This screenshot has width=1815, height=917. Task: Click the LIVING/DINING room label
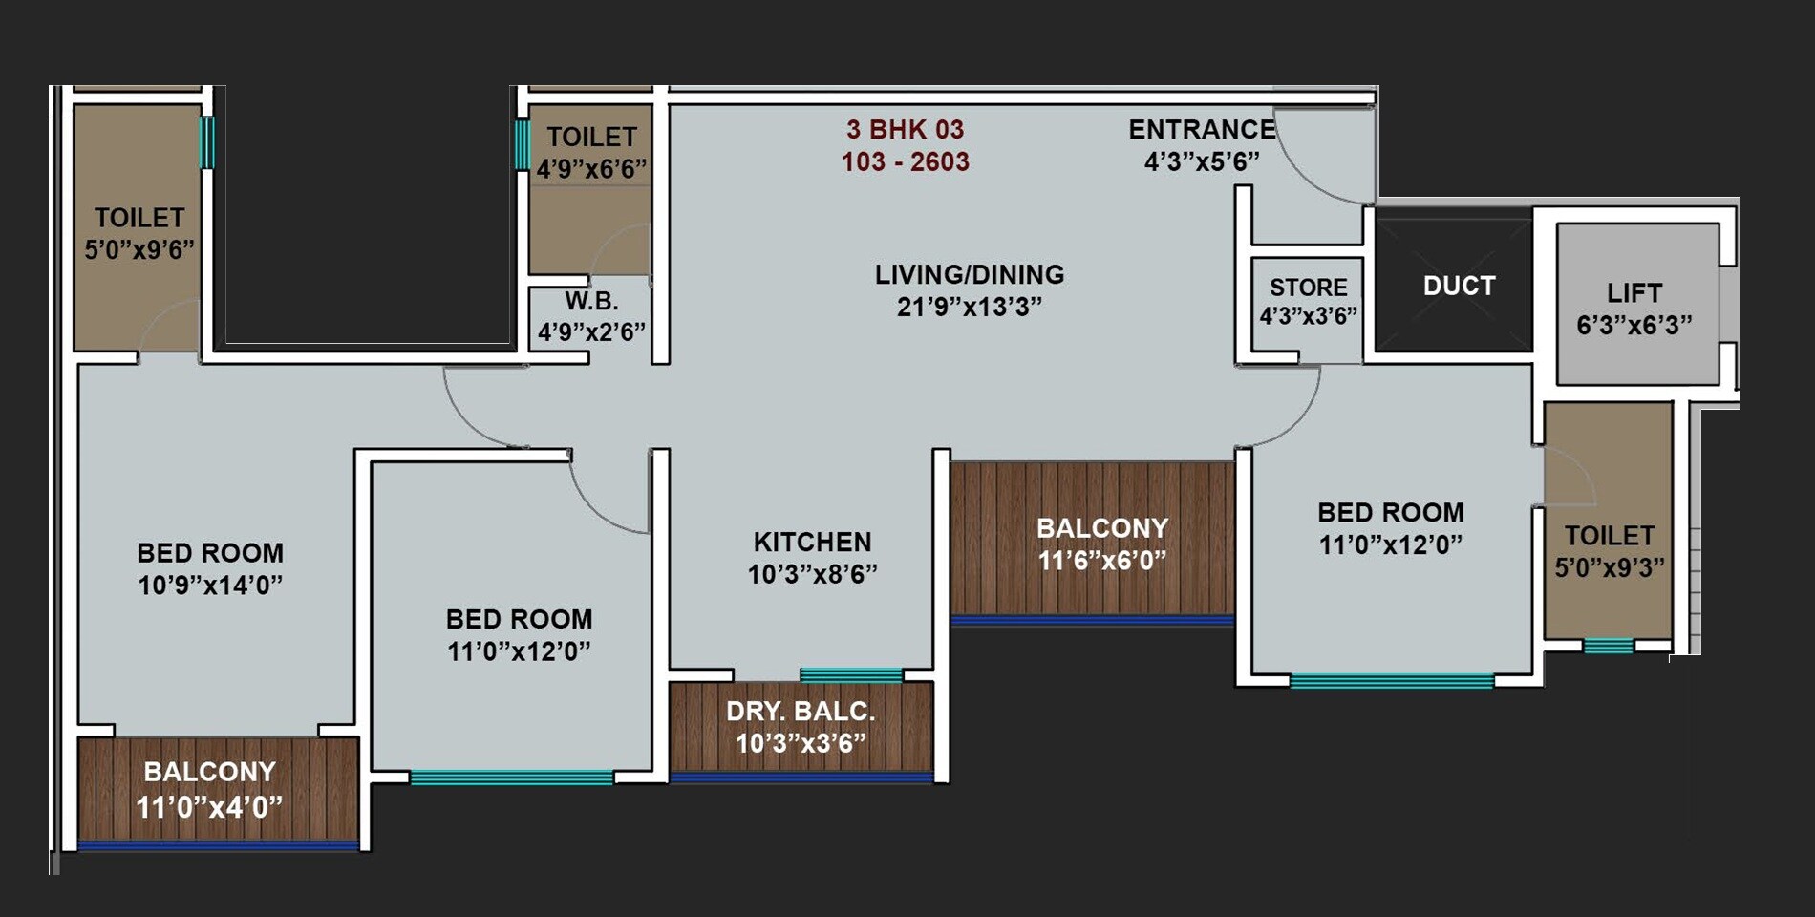pos(969,275)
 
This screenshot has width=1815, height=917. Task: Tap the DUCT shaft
pos(1458,286)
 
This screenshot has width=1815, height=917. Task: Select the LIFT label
pos(1633,292)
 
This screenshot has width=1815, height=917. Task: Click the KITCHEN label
pos(812,542)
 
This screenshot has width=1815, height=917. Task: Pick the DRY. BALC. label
pos(801,712)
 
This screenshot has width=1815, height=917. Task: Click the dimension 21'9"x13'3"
pos(969,307)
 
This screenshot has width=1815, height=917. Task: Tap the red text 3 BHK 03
pos(905,130)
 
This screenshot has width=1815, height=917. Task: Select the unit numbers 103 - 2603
pos(905,161)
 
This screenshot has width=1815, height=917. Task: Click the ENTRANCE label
pos(1202,130)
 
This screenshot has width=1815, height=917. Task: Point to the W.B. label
pos(591,302)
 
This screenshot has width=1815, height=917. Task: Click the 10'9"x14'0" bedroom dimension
pos(210,585)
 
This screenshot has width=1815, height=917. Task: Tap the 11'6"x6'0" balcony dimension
pos(1101,560)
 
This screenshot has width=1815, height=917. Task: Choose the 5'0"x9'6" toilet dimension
pos(139,250)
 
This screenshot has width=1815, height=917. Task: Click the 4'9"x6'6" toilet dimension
pos(591,170)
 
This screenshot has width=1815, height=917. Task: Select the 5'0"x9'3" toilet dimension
pos(1610,567)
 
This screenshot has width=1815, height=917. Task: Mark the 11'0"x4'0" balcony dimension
pos(209,808)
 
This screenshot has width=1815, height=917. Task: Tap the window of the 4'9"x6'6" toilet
pos(522,143)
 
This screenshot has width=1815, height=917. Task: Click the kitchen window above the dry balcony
pos(850,675)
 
